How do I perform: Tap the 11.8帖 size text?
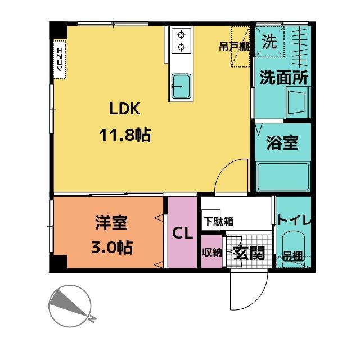pyautogui.click(x=125, y=135)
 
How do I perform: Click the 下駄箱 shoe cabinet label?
pyautogui.click(x=218, y=221)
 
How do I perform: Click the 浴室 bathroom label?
pyautogui.click(x=282, y=143)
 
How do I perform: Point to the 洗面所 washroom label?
pyautogui.click(x=283, y=78)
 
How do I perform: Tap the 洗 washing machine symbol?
pyautogui.click(x=271, y=42)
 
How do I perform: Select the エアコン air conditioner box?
pyautogui.click(x=60, y=58)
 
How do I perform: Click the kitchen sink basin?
pyautogui.click(x=181, y=85)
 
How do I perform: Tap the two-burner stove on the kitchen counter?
pyautogui.click(x=181, y=40)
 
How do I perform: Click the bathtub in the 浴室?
pyautogui.click(x=283, y=177)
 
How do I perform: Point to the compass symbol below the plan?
pyautogui.click(x=70, y=304)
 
